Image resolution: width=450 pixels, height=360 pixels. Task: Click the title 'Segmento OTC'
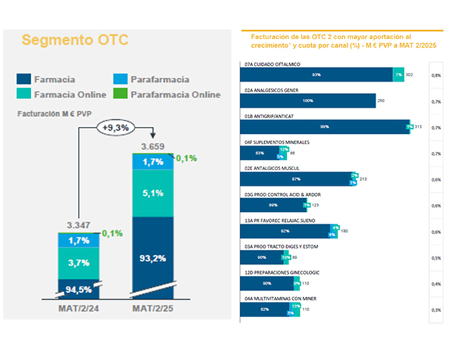pyautogui.click(x=75, y=40)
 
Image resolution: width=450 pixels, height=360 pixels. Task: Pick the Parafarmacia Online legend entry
pyautogui.click(x=175, y=95)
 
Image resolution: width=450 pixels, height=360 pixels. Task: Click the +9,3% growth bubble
pyautogui.click(x=114, y=128)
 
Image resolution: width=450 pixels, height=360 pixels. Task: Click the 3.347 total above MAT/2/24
pyautogui.click(x=79, y=225)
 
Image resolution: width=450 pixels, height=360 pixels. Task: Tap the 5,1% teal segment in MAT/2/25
pyautogui.click(x=153, y=193)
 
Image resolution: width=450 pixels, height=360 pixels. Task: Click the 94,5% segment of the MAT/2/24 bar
pyautogui.click(x=79, y=287)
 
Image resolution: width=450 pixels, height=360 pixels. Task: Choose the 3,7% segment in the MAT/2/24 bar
pyautogui.click(x=79, y=263)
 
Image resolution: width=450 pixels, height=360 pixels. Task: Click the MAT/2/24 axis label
pyautogui.click(x=78, y=308)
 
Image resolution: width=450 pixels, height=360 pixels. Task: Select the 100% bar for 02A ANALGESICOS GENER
pyautogui.click(x=308, y=100)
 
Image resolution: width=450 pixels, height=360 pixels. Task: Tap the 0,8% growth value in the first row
pyautogui.click(x=436, y=74)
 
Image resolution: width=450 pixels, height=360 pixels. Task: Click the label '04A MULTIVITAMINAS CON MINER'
pyautogui.click(x=280, y=298)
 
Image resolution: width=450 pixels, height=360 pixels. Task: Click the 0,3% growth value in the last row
pyautogui.click(x=436, y=309)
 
